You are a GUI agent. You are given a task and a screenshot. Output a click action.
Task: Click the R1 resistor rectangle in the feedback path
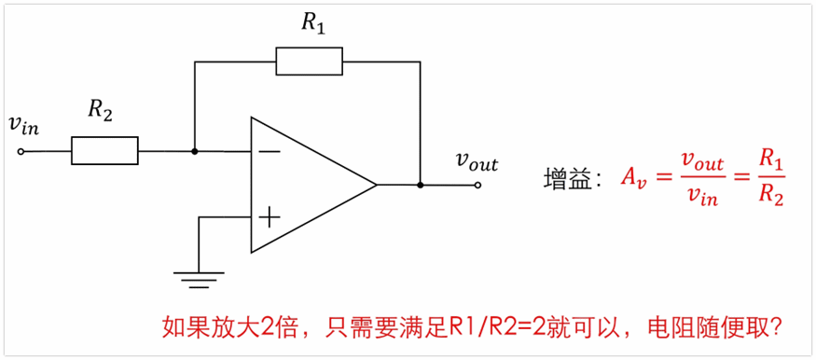coord(310,62)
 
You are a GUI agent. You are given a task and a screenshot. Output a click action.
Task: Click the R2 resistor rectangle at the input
coord(104,150)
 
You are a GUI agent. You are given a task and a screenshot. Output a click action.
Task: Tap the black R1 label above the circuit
coord(313,25)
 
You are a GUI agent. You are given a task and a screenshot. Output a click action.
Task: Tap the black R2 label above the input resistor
coord(101,109)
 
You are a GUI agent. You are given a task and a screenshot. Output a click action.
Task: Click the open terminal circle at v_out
coord(477,185)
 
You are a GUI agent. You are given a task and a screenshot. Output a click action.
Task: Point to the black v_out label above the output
coord(476,162)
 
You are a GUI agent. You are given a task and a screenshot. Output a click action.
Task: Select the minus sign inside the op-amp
coord(269,150)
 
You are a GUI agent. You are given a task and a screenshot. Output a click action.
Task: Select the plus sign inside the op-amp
coord(269,218)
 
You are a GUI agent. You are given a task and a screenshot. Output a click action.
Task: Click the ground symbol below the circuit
coord(200,276)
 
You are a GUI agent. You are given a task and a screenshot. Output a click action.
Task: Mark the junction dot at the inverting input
coord(194,150)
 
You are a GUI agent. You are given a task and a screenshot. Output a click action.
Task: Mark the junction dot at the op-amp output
coord(421,185)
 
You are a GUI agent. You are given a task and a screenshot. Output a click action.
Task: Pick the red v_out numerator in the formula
coord(702,162)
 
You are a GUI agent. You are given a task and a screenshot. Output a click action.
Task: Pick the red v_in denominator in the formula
coord(702,197)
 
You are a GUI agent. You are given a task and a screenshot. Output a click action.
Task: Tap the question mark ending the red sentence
coord(775,328)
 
